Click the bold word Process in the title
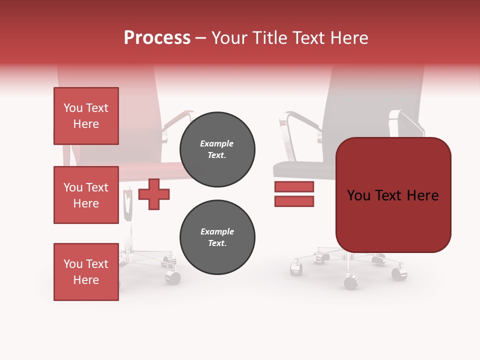point(157,38)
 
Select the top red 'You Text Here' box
point(86,116)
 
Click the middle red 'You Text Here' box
point(86,195)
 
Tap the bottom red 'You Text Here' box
point(86,271)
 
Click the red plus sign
point(154,194)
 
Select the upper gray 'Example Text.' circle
point(217,149)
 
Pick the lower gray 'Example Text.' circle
point(217,237)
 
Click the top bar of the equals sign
point(294,187)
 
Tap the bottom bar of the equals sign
point(294,201)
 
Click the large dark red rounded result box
point(393,195)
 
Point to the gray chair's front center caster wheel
point(351,282)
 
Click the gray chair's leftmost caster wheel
point(296,269)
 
